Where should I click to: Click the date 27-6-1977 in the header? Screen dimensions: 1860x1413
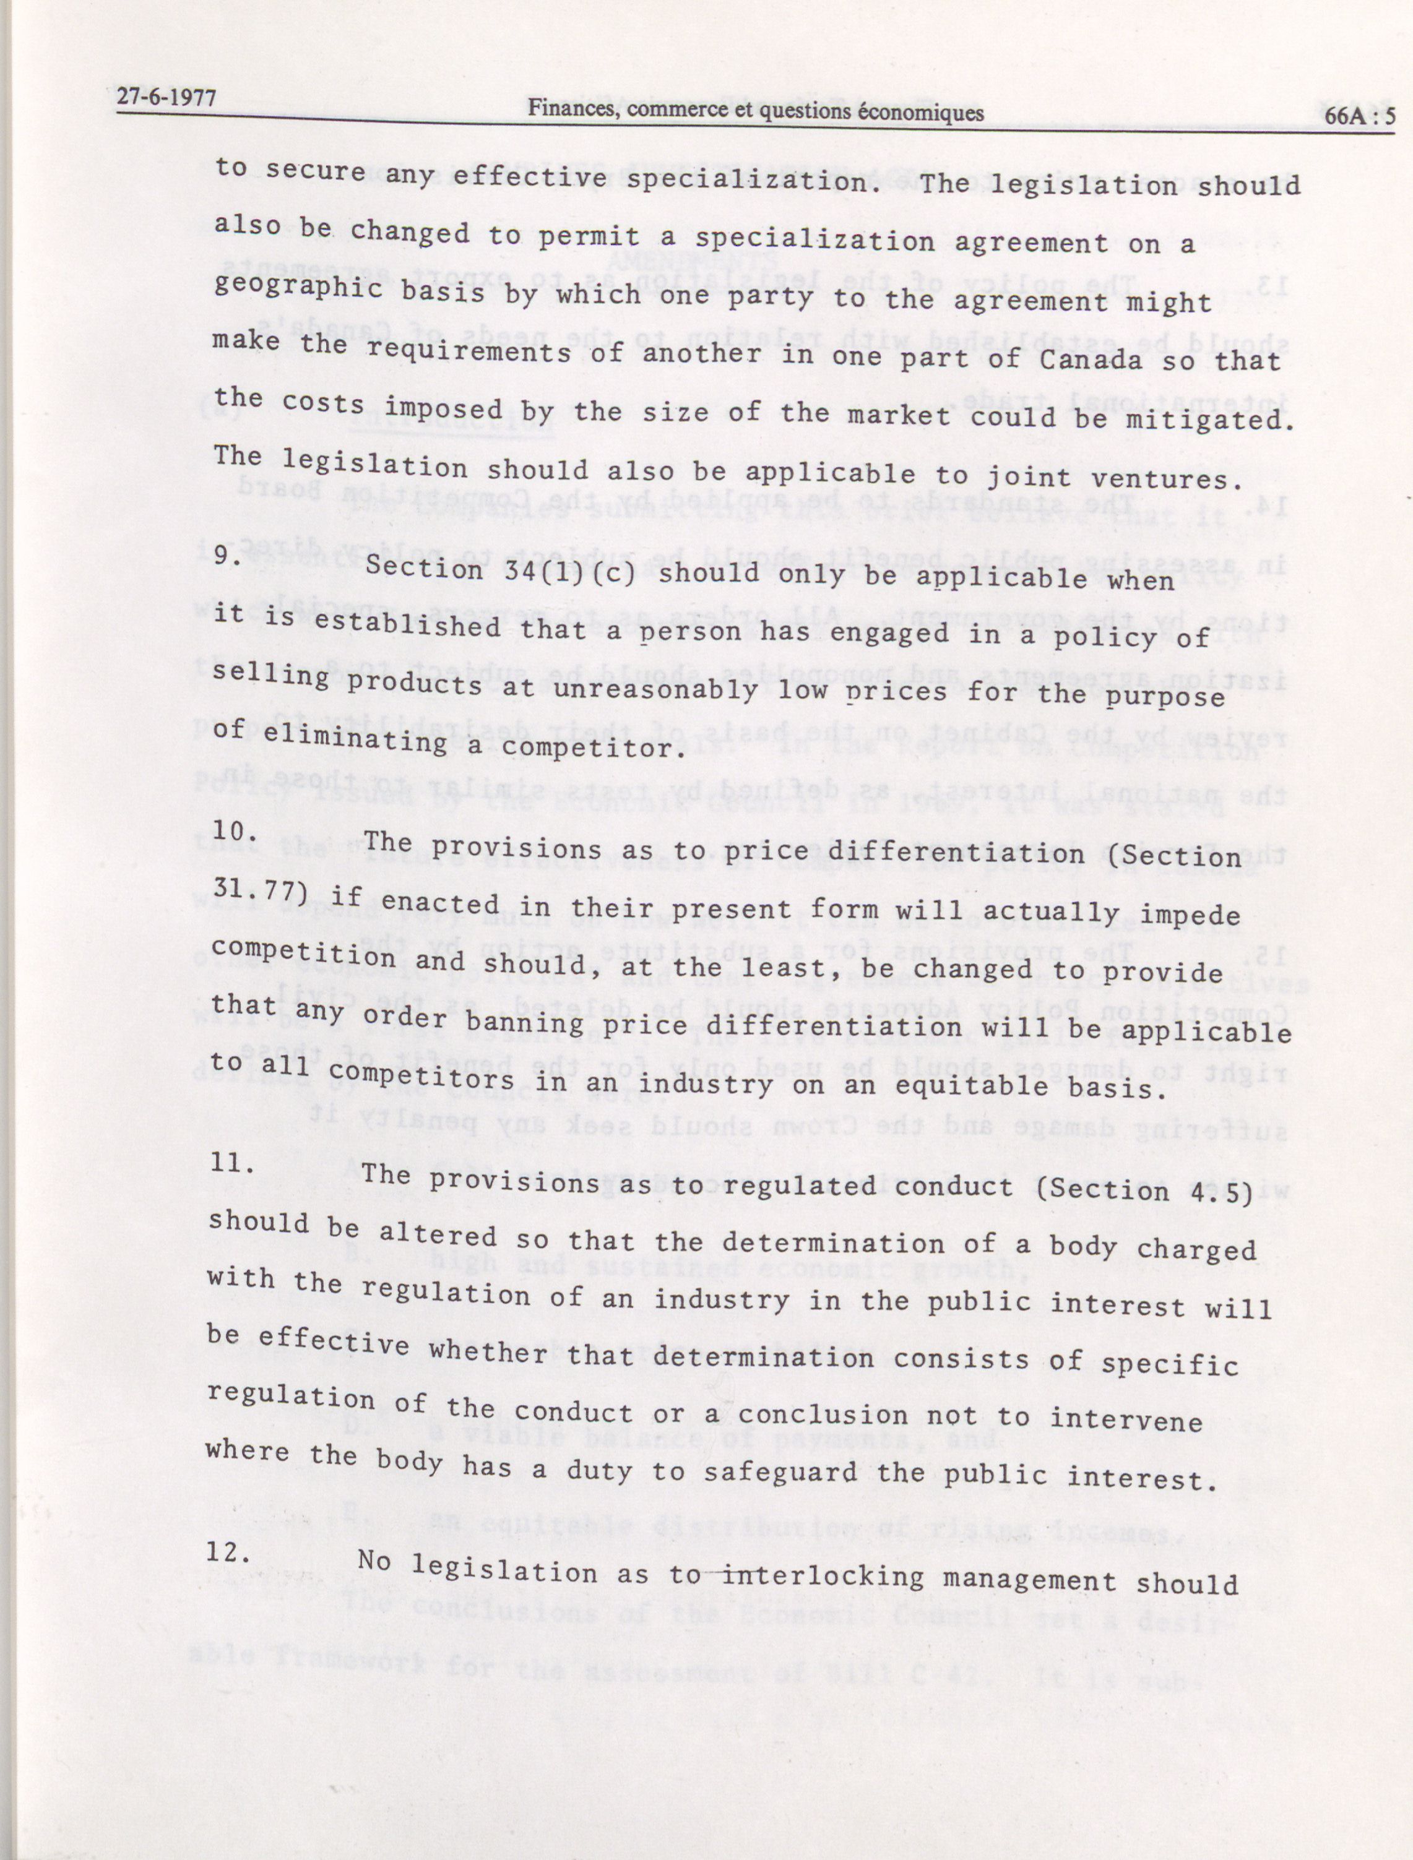coord(166,98)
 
